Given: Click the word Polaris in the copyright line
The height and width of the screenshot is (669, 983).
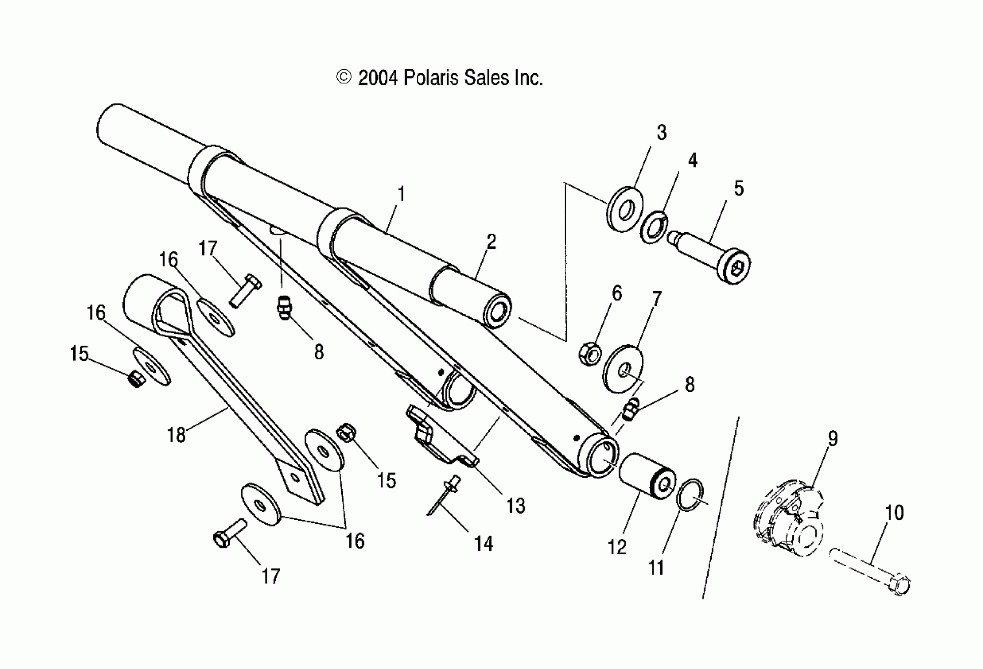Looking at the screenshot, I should pos(431,78).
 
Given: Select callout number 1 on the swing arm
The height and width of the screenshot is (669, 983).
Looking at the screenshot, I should pos(401,194).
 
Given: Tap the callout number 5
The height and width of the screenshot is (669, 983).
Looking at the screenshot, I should pos(739,188).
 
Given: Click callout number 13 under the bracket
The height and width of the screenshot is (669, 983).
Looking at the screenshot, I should pos(516,506).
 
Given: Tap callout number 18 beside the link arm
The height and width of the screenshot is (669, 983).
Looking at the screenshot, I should pos(176,434).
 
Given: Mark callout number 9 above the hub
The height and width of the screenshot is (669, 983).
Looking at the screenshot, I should pos(832,438).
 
